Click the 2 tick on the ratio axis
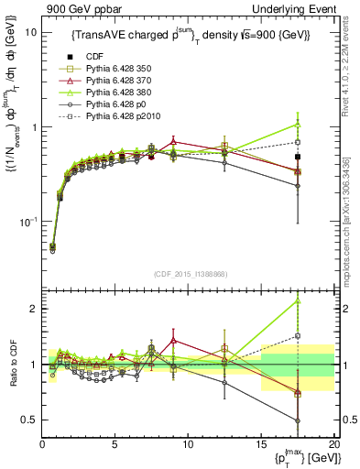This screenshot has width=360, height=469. pos(34,309)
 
